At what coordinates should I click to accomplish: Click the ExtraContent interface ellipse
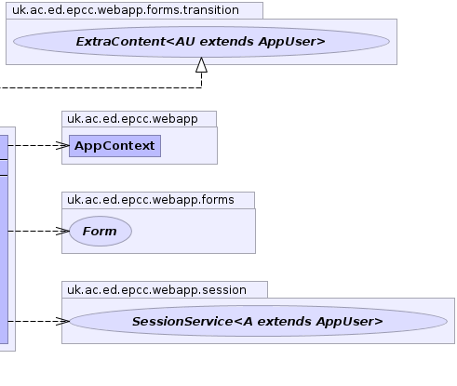201,42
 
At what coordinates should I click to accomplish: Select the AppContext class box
114,146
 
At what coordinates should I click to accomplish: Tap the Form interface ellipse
101,231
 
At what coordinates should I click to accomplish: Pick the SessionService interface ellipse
258,321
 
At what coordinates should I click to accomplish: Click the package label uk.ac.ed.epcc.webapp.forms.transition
126,10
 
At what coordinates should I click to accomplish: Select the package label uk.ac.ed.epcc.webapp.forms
151,200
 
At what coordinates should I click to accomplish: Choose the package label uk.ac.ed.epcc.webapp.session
156,290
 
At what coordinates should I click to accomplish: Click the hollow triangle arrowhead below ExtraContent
202,65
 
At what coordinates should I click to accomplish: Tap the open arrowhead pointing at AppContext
62,145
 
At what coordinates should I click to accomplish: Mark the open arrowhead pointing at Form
62,231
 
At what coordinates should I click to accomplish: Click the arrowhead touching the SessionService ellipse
62,321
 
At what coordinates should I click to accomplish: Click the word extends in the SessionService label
285,322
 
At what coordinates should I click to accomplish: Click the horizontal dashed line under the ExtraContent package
101,87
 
